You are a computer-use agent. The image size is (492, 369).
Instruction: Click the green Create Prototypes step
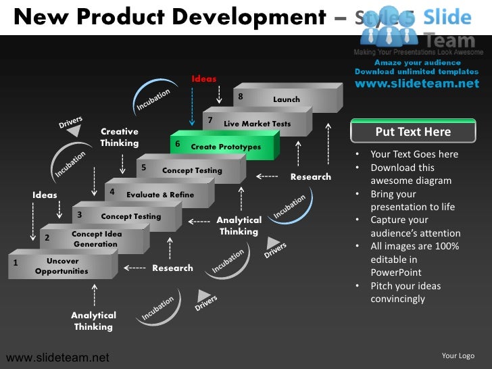(x=225, y=147)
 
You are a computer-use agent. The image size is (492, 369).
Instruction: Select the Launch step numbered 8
(x=286, y=99)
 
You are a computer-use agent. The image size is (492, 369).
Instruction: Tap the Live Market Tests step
(x=257, y=124)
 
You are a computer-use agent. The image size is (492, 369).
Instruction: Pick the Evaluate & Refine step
(x=159, y=195)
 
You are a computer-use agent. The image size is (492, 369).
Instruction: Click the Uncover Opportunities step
(x=62, y=266)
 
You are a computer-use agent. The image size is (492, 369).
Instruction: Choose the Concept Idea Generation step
(x=95, y=239)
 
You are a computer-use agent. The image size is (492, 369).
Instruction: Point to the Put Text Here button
(x=413, y=132)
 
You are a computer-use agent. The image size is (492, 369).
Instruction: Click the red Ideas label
(x=204, y=79)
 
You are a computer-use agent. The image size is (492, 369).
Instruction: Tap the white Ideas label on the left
(x=45, y=195)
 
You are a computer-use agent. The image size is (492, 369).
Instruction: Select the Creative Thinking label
(x=120, y=137)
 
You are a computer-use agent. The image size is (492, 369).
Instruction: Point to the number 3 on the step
(x=80, y=215)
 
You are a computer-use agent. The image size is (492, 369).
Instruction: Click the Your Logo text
(x=458, y=355)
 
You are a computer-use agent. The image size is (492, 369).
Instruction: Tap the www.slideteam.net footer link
(x=57, y=357)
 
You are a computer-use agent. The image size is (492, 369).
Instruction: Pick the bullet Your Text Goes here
(x=414, y=154)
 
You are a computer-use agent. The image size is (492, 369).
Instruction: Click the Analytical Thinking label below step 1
(x=94, y=321)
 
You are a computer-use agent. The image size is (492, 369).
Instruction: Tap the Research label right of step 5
(x=311, y=177)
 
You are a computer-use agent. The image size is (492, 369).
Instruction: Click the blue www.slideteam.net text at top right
(x=416, y=84)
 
